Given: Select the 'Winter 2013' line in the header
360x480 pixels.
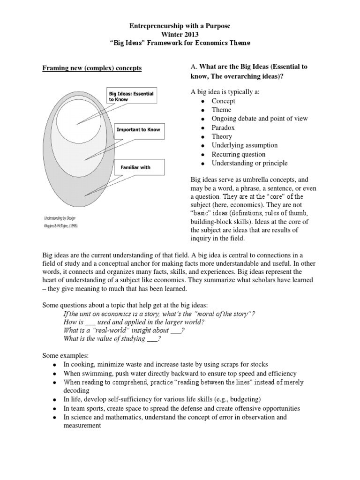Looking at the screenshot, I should (x=180, y=34).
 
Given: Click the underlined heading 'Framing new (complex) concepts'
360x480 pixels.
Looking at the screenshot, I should (x=92, y=68).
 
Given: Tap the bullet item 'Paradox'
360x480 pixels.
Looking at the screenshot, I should (x=223, y=127).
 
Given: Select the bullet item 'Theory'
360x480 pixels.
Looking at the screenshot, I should (x=222, y=136).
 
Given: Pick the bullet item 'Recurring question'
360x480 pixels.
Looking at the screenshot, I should (x=239, y=154).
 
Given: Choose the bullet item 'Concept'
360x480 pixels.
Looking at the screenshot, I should (x=224, y=101).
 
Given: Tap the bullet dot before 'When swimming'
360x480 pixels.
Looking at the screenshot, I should (x=55, y=374).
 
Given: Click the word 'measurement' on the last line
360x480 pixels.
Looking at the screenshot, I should (x=82, y=426).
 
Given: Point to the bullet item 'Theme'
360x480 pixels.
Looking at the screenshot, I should (x=222, y=110).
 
